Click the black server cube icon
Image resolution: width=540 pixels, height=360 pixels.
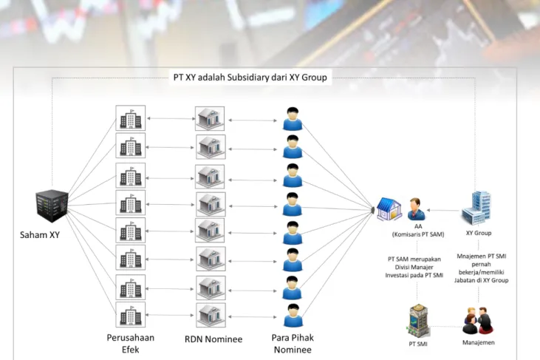52,206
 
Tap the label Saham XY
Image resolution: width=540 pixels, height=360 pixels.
40,235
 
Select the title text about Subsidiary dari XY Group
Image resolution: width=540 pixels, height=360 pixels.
250,77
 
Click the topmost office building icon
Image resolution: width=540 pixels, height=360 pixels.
131,118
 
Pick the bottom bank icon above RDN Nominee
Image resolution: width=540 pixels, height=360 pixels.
211,315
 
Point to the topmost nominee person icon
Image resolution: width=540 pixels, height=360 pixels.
293,119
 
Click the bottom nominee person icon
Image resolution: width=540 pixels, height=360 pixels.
293,315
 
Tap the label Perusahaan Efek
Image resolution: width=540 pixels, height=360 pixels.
131,344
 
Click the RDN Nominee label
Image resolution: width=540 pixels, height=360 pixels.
213,339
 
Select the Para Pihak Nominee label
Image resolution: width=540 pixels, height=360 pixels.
293,344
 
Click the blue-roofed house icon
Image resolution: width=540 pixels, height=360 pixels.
389,209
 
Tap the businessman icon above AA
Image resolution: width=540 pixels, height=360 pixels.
416,209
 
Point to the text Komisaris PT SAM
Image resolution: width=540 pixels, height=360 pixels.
418,234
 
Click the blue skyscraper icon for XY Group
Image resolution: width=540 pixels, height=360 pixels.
476,208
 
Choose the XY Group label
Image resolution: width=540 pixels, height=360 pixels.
479,234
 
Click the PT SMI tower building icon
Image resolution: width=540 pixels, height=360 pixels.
418,320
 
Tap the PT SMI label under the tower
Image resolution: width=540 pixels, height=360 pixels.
418,344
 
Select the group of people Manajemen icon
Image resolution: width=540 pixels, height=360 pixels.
478,320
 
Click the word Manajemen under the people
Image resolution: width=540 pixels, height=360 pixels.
479,342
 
